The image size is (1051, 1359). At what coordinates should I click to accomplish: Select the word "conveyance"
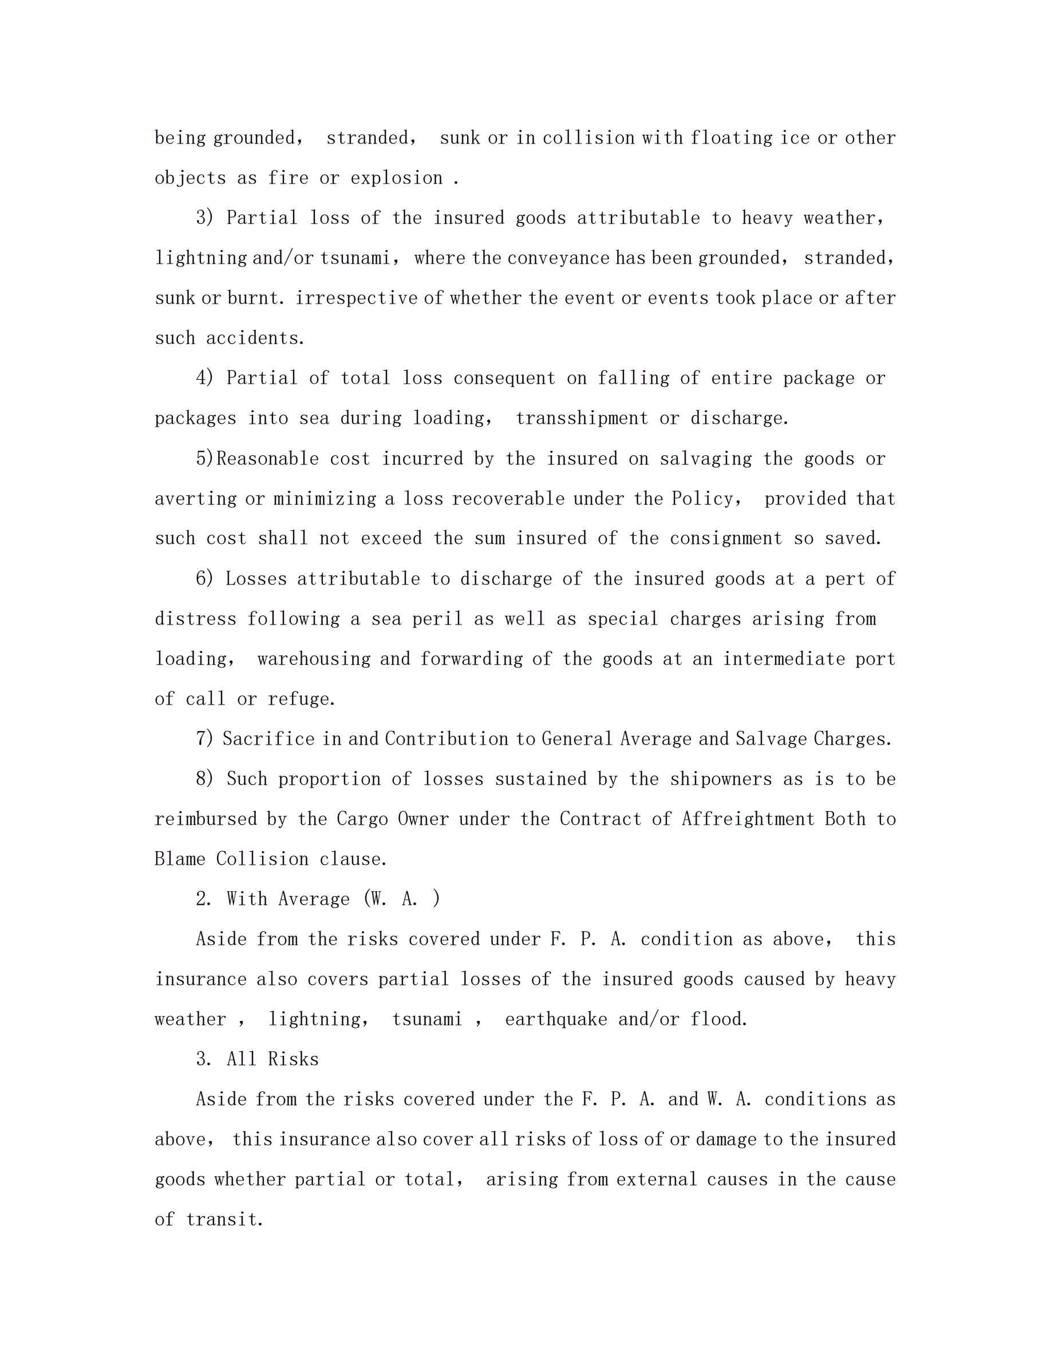(x=558, y=257)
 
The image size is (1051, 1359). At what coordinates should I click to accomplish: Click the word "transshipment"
(x=582, y=418)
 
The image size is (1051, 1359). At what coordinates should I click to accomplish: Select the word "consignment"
(x=725, y=538)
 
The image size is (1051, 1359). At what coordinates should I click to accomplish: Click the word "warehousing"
(x=314, y=659)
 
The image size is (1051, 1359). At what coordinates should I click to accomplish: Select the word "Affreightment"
(x=748, y=819)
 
